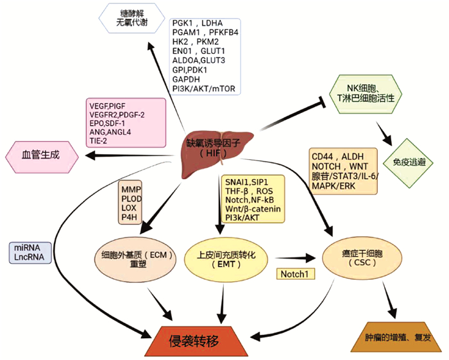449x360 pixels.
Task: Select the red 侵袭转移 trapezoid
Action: pyautogui.click(x=205, y=340)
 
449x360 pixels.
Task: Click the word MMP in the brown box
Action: pyautogui.click(x=131, y=189)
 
